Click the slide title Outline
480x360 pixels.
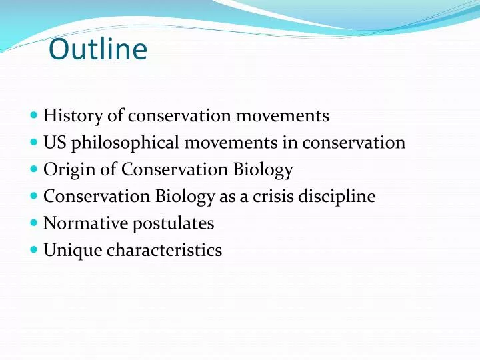point(98,50)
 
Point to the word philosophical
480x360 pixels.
point(125,143)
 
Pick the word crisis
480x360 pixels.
point(275,197)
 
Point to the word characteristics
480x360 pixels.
point(164,251)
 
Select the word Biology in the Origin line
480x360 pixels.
point(262,170)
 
